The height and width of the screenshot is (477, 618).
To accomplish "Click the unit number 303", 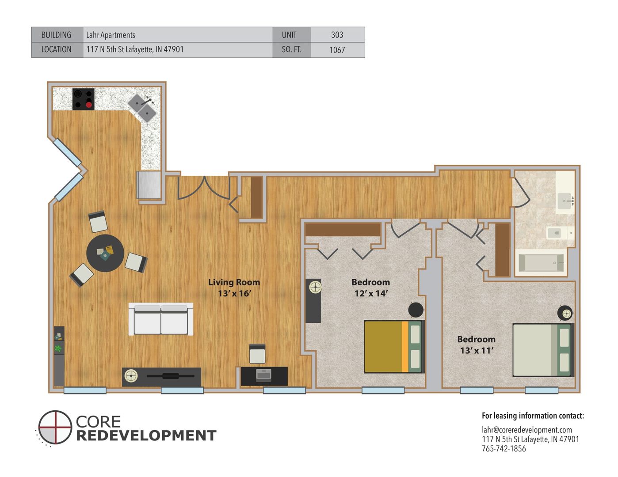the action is [x=337, y=34].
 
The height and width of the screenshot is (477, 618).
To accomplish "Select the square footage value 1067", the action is [x=337, y=50].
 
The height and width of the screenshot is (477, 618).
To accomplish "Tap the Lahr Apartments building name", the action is [x=111, y=35].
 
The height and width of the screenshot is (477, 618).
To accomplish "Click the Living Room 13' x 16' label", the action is [x=234, y=288].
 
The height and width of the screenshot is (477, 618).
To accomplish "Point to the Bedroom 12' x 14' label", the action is [x=370, y=288].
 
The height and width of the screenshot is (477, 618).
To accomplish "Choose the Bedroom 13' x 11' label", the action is [x=477, y=344].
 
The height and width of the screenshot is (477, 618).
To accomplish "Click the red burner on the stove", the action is [x=89, y=105].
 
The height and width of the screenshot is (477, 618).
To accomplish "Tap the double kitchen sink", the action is [x=142, y=108].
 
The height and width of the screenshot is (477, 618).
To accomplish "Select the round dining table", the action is [x=105, y=253].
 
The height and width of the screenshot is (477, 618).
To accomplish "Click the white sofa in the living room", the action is [x=160, y=319].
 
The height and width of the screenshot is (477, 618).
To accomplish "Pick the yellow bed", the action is [x=394, y=347].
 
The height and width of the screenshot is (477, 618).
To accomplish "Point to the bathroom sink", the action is [x=565, y=201].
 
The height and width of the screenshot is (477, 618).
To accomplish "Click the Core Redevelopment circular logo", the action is [x=55, y=427].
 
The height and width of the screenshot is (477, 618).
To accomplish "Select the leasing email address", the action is [x=526, y=430].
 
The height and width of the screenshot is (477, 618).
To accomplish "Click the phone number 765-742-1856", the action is [x=504, y=449].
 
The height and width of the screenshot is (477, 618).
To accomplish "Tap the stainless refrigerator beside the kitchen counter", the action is [x=149, y=185].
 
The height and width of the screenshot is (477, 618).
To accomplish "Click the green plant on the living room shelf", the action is [x=58, y=348].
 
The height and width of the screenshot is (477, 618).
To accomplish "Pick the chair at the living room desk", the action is [x=257, y=354].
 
